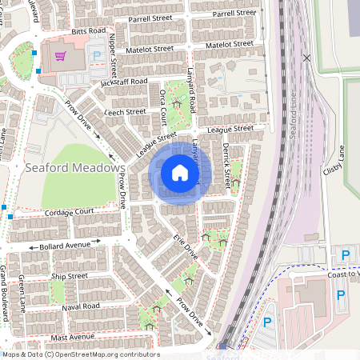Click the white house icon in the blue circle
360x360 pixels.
pyautogui.click(x=180, y=172)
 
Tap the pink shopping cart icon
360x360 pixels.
pyautogui.click(x=59, y=57)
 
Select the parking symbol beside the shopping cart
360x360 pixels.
pyautogui.click(x=98, y=57)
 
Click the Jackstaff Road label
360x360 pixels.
pyautogui.click(x=124, y=82)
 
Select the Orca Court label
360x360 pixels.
pyautogui.click(x=165, y=107)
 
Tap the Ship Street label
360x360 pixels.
pyautogui.click(x=69, y=276)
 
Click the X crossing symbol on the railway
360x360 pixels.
pyautogui.click(x=307, y=58)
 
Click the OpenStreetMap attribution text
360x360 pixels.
pyautogui.click(x=80, y=354)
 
